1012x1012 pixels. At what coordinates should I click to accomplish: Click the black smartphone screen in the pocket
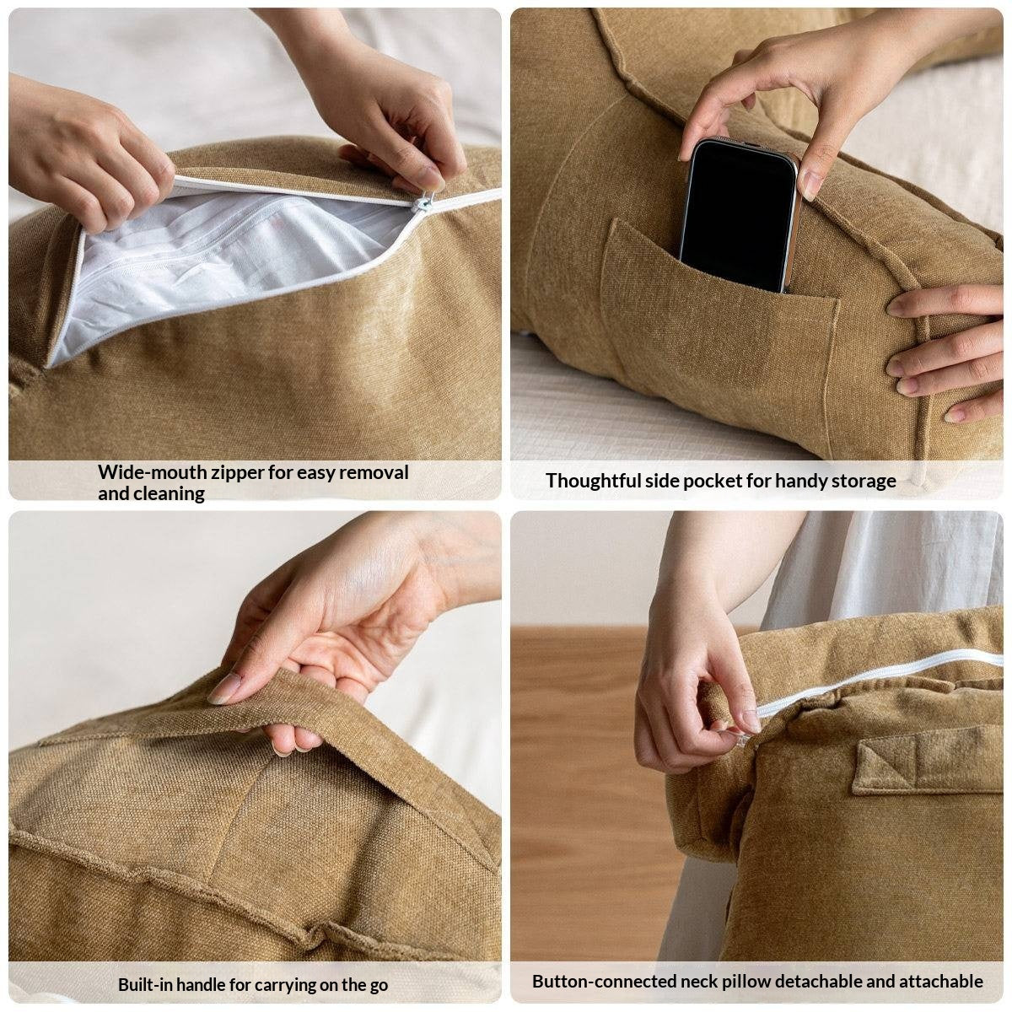[738, 215]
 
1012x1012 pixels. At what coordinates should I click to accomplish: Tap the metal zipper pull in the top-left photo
[424, 202]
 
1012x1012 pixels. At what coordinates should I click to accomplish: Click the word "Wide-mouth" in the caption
[153, 472]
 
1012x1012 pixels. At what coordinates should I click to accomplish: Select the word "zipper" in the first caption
[238, 473]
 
